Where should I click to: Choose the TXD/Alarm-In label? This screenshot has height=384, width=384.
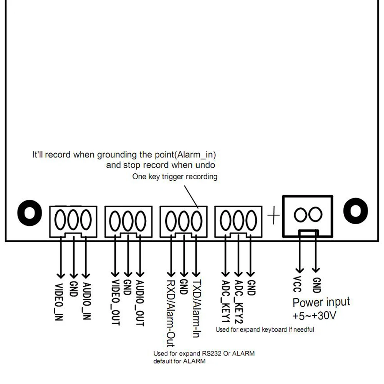coord(196,307)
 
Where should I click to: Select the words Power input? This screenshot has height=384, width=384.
coord(321,302)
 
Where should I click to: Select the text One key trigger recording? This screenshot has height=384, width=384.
coord(175,177)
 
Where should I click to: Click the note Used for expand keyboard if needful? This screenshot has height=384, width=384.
coord(265,329)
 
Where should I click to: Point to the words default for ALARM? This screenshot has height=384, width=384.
coord(179,361)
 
